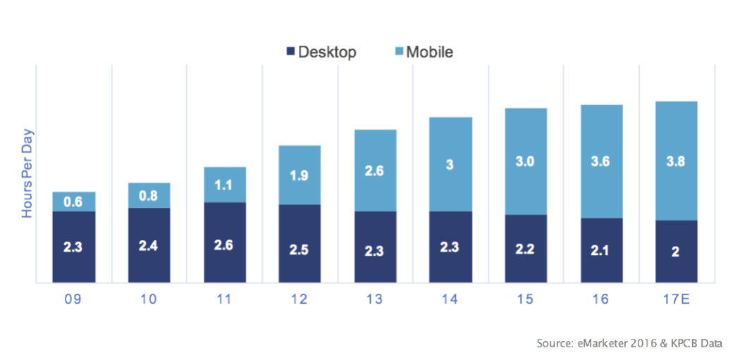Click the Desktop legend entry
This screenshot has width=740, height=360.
pyautogui.click(x=321, y=52)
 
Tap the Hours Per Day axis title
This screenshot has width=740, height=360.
pyautogui.click(x=28, y=173)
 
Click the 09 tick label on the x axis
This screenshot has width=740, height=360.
pyautogui.click(x=73, y=299)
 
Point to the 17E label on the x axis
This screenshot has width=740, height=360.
pyautogui.click(x=676, y=299)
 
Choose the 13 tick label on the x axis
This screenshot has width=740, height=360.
pyautogui.click(x=375, y=299)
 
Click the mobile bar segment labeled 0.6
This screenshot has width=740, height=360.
pyautogui.click(x=74, y=201)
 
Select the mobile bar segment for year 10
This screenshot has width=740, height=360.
pyautogui.click(x=149, y=195)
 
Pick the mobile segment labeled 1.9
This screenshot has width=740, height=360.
pyautogui.click(x=300, y=175)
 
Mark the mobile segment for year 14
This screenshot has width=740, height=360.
pyautogui.click(x=450, y=164)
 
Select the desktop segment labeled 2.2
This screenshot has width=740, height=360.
pyautogui.click(x=526, y=249)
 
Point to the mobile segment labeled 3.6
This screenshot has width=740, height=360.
pyautogui.click(x=601, y=161)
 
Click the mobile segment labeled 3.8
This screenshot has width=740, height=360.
pyautogui.click(x=676, y=161)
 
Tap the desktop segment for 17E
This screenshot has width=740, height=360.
pyautogui.click(x=676, y=252)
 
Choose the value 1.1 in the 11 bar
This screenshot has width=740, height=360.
pyautogui.click(x=224, y=185)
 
